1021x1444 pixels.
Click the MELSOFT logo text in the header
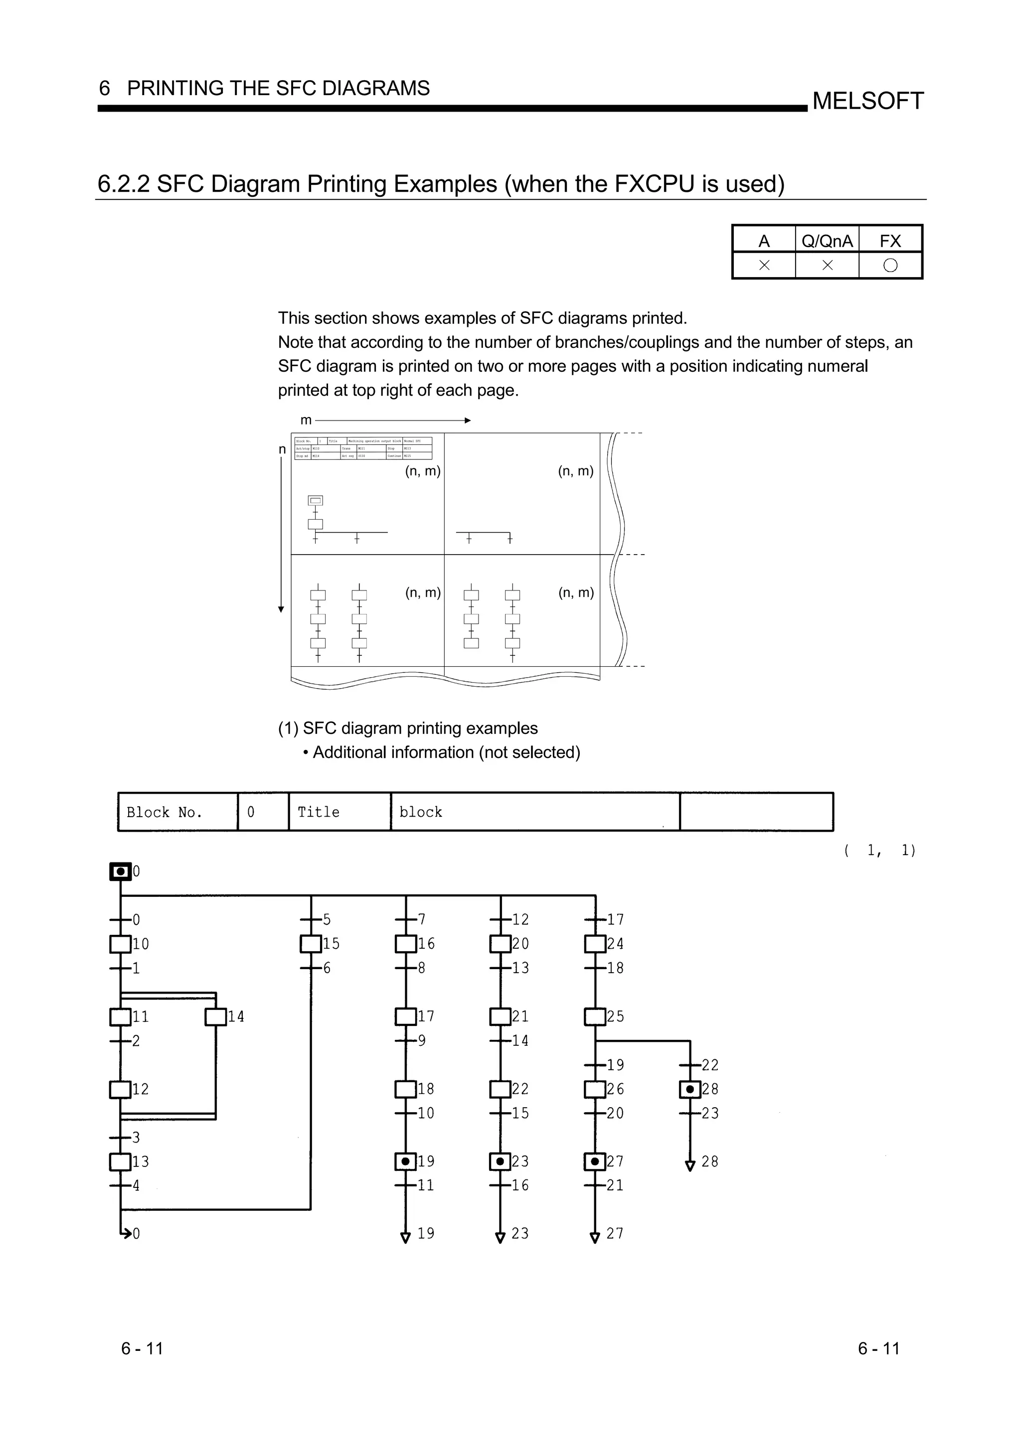867,101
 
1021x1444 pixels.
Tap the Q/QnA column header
827,241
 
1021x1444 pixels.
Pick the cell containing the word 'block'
535,812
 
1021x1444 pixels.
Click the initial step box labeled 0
120,871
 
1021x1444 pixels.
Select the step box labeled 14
216,1017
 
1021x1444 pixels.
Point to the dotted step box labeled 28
690,1089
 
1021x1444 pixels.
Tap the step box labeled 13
120,1161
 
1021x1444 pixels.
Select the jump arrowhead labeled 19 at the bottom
406,1238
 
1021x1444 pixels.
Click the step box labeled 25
595,1017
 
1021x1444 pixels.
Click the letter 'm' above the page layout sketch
306,420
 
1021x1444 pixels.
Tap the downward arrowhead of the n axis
281,609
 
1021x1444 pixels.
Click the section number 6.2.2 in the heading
123,184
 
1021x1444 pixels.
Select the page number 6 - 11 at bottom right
878,1348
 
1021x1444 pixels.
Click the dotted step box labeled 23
500,1161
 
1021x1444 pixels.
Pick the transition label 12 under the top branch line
520,919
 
